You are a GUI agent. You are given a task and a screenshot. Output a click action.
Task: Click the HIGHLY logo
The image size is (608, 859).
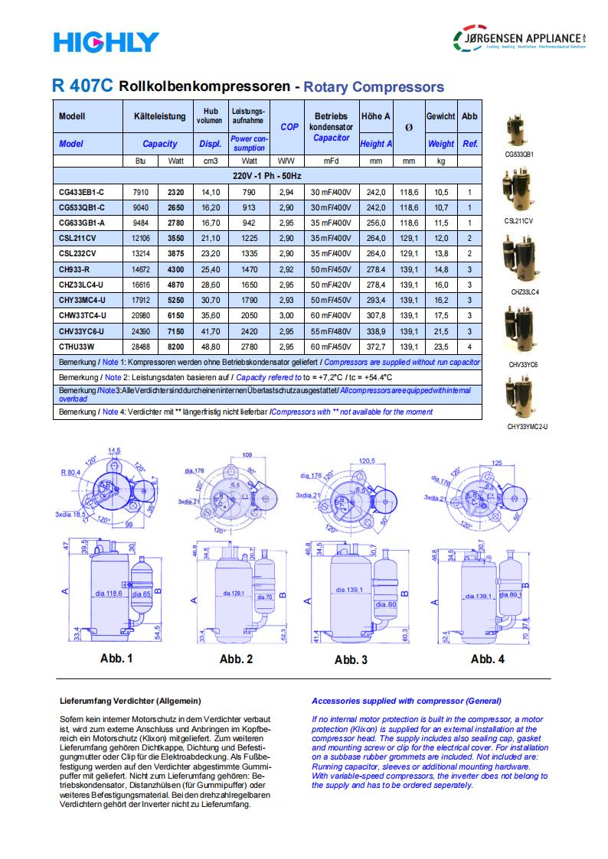(x=106, y=41)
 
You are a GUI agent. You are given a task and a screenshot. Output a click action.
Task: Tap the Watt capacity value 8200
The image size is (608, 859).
(x=176, y=347)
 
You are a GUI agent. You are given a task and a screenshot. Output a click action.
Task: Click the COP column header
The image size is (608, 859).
(x=289, y=127)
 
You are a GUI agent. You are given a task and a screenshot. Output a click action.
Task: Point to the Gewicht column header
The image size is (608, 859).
(x=440, y=116)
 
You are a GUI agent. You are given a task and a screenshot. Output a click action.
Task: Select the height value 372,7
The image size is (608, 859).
(x=376, y=347)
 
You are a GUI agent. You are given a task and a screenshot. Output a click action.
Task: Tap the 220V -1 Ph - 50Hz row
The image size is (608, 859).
(x=267, y=176)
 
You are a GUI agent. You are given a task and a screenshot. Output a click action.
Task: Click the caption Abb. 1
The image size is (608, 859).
(x=116, y=658)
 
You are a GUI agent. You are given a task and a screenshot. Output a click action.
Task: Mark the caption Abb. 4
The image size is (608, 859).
(x=487, y=659)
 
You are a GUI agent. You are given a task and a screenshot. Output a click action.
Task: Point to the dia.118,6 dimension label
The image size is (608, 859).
(x=109, y=594)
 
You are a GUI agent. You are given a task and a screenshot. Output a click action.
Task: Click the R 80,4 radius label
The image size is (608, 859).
(x=73, y=472)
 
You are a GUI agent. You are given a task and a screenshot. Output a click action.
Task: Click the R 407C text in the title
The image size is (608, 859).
(x=83, y=86)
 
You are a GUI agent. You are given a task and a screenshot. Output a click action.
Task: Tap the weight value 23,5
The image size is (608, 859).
(x=441, y=347)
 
